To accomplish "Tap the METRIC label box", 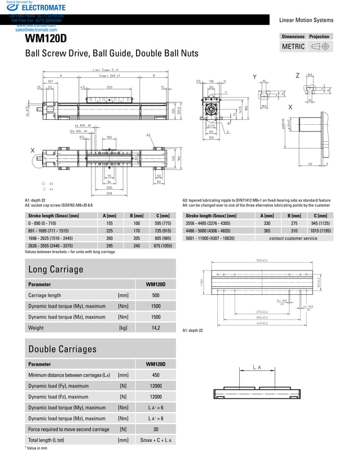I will [293, 47].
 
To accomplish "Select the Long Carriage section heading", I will [56, 269].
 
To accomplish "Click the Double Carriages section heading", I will [63, 349].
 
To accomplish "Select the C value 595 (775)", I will [159, 223].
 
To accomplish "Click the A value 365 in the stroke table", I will [267, 230].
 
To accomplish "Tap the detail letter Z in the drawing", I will [297, 76].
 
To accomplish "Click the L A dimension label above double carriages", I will [258, 368].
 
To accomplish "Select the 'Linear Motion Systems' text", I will [306, 20].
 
